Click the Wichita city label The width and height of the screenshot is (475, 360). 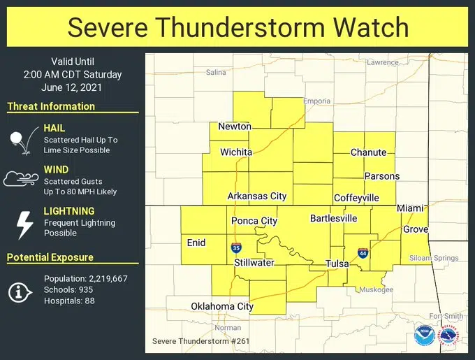pos(236,152)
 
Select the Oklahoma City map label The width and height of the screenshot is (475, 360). pos(222,306)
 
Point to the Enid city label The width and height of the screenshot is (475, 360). pos(196,243)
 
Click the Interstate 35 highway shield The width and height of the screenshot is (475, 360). pos(236,248)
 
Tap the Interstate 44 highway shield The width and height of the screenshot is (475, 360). pos(363,253)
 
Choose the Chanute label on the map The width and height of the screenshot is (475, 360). pos(368,152)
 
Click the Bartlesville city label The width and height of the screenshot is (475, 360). pos(334,219)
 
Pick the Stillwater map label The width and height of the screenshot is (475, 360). pos(254,263)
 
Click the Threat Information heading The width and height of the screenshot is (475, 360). pos(51,106)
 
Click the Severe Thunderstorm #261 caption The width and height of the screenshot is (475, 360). pos(200,341)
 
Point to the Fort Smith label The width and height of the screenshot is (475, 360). pos(448,316)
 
